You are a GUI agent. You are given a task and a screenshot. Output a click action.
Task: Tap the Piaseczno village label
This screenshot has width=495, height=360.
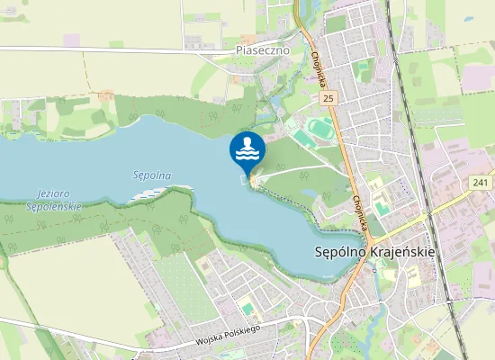[262, 50]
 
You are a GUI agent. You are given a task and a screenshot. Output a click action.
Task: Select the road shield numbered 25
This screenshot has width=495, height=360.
[329, 96]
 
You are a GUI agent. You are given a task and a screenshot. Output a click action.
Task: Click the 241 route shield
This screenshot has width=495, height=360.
[481, 183]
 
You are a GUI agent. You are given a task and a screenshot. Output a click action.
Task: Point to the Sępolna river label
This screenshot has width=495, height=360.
[151, 175]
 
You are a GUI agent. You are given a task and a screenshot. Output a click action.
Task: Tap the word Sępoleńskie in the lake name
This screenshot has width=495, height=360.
[55, 206]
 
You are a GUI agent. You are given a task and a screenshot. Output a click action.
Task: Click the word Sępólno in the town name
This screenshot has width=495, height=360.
[342, 253]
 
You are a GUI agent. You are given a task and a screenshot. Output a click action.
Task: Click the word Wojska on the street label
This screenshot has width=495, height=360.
[214, 343]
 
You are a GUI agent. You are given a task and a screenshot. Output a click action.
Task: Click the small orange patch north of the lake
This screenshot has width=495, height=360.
[107, 94]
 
